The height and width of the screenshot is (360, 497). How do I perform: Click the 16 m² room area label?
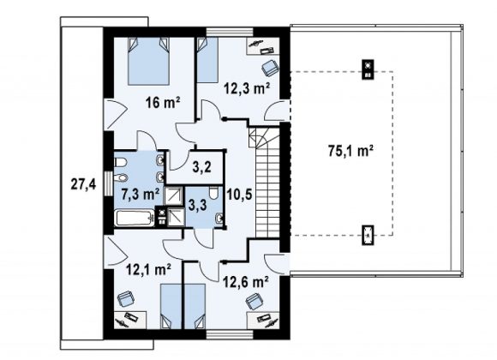163,102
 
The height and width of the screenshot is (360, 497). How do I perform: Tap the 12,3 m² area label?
247,88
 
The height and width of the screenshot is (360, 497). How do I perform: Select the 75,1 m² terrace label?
350,151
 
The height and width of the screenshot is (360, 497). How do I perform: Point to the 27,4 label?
83,184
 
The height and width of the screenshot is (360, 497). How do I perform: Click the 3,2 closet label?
202,166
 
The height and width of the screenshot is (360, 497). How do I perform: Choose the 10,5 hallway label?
239,195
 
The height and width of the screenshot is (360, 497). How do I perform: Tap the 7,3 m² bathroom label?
141,194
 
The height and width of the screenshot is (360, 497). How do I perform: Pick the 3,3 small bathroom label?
197,205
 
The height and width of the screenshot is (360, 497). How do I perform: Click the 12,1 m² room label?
148,270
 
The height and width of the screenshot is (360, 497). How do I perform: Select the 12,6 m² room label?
246,281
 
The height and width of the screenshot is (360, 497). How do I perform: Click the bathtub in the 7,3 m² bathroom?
135,219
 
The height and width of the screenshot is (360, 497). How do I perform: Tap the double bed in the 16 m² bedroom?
148,61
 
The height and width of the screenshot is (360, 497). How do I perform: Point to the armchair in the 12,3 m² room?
270,68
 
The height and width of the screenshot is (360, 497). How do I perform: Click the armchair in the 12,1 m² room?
126,299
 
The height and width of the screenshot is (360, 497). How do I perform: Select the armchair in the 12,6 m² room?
255,302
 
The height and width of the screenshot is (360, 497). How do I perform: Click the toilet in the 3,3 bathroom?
213,193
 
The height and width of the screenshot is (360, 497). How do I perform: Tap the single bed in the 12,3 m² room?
207,60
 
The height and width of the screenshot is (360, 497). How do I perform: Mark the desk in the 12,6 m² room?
263,321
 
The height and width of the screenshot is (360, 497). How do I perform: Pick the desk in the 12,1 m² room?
130,320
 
